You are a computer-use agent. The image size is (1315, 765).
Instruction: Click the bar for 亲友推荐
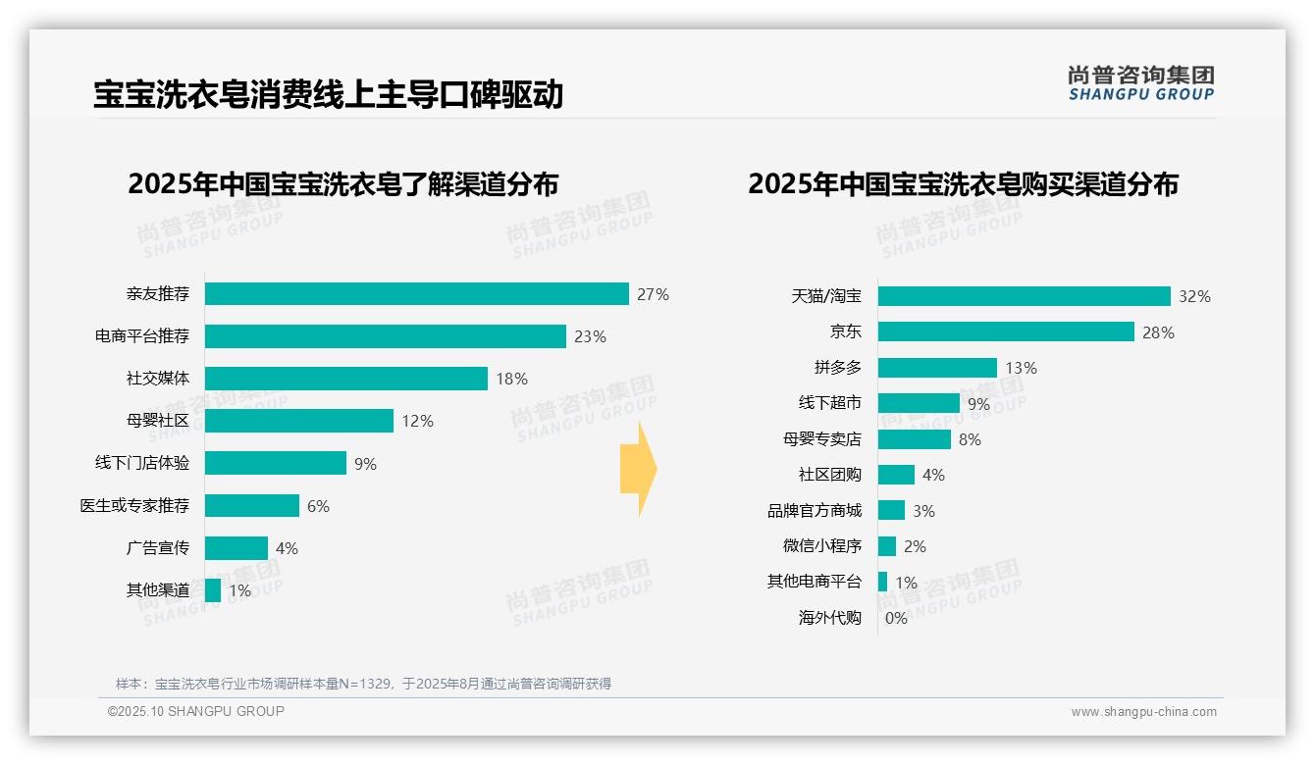click(x=416, y=294)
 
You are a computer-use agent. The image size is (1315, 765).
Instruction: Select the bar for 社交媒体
click(x=345, y=379)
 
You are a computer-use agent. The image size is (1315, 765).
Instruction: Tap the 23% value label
click(x=590, y=336)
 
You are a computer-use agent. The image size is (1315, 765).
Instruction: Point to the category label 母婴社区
click(x=158, y=421)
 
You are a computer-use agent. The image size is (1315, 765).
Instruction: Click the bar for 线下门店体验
click(x=275, y=463)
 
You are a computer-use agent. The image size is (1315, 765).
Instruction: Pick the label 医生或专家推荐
click(x=134, y=506)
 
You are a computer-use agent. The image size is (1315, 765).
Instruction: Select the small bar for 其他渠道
click(x=213, y=590)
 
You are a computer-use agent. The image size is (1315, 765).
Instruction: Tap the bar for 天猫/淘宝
click(x=1024, y=296)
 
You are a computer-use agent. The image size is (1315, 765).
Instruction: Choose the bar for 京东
click(x=1006, y=332)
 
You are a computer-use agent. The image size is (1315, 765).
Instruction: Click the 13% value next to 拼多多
click(x=1021, y=368)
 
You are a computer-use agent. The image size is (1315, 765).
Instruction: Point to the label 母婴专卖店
click(x=821, y=439)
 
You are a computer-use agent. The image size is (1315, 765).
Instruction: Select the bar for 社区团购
click(x=895, y=475)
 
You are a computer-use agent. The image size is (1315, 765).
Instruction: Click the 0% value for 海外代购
click(x=896, y=618)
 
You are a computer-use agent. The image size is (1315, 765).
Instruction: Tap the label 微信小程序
click(x=821, y=546)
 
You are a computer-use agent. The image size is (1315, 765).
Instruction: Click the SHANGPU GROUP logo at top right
click(x=1141, y=83)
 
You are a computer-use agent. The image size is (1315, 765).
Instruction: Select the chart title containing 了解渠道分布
click(x=342, y=184)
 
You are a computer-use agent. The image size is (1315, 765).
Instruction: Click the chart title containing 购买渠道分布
click(x=963, y=184)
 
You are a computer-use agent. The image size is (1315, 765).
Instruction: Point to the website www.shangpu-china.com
click(x=1143, y=712)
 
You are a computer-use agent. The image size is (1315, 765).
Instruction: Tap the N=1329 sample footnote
click(x=363, y=684)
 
